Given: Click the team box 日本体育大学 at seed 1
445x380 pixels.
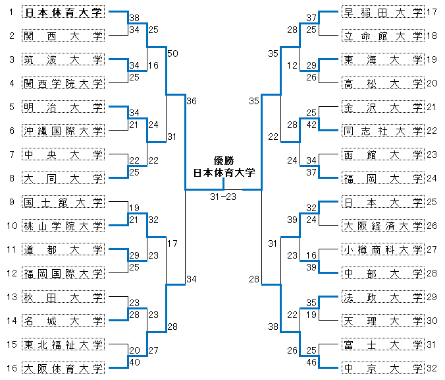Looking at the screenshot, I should pos(63,12).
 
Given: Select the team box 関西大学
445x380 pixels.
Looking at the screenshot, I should pos(63,36).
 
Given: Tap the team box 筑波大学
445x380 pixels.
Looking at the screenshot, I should pos(63,60).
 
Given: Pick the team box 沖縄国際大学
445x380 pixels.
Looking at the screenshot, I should pos(63,130).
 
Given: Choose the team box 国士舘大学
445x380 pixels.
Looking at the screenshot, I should pos(63,202).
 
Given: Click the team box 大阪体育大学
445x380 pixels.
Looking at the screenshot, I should pos(63,367).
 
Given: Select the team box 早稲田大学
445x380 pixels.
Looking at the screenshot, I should pos(383,12).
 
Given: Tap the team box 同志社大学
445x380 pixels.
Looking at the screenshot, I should pos(383,131).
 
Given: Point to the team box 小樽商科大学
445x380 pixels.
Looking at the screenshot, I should pos(383,249).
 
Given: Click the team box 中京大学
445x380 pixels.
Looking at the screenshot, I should pos(383,367).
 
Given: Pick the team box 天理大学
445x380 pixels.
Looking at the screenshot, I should pos(383,321).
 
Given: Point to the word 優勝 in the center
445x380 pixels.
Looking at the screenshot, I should pos(223,160).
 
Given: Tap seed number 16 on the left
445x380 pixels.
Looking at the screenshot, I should pos(11,367).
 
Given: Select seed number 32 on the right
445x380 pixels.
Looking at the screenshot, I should pos(432,367).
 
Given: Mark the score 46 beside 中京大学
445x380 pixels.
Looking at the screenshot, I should pos(312,362).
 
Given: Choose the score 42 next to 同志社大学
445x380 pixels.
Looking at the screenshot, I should pos(312,124).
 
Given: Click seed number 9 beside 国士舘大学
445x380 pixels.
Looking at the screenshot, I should pos(11,202).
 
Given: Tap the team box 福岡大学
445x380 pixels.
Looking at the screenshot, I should pos(383,178).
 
